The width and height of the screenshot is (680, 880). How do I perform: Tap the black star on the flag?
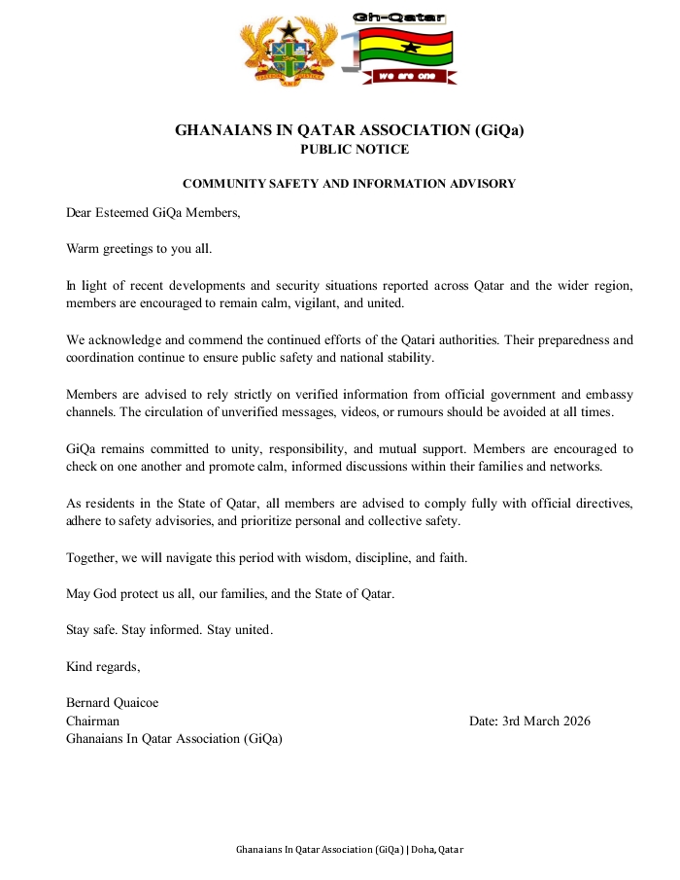pyautogui.click(x=410, y=46)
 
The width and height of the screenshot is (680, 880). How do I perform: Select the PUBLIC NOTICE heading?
pyautogui.click(x=355, y=150)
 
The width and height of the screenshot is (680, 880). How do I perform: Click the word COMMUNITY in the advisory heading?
pyautogui.click(x=226, y=184)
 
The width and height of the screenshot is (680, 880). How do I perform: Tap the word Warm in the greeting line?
pyautogui.click(x=84, y=249)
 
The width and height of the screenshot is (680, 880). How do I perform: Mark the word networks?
pyautogui.click(x=577, y=466)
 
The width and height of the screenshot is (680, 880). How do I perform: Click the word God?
pyautogui.click(x=106, y=593)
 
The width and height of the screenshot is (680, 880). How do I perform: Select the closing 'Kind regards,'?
pyautogui.click(x=103, y=666)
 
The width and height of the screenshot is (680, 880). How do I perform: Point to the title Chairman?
pyautogui.click(x=92, y=721)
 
